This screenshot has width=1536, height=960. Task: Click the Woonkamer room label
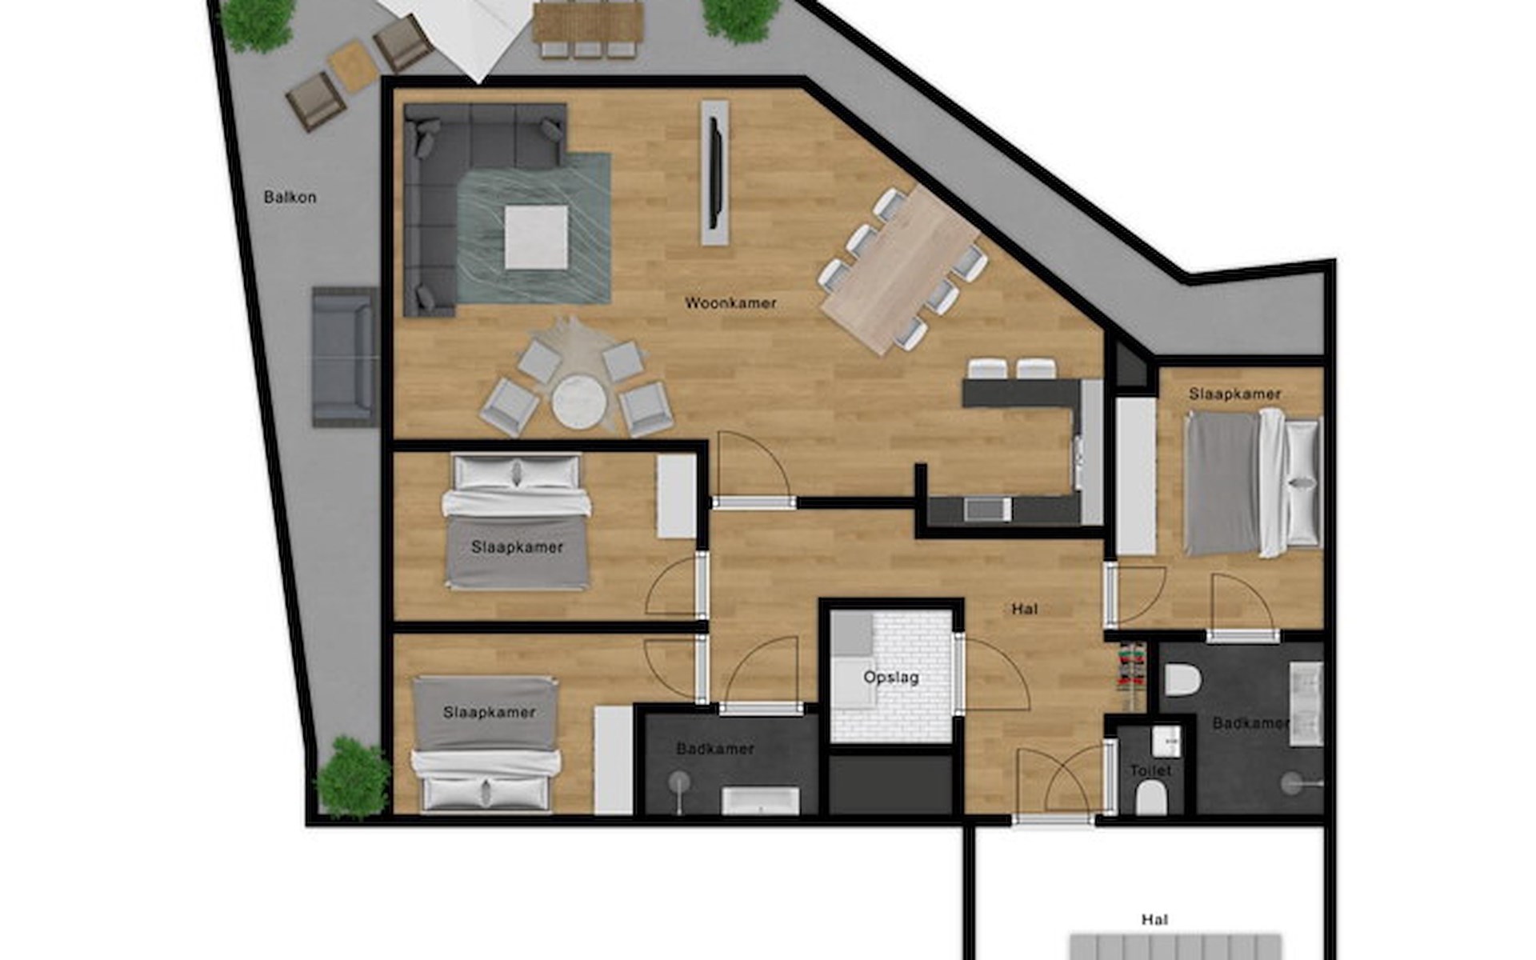(730, 303)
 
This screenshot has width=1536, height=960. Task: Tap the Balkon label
(290, 197)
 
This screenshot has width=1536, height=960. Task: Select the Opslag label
(891, 678)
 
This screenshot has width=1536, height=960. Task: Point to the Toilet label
(1150, 770)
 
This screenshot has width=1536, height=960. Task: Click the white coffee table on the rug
(536, 238)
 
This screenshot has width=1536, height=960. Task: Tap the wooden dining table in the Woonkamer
(901, 270)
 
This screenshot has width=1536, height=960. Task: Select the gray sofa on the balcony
(344, 356)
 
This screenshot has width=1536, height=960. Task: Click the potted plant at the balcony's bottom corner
(353, 776)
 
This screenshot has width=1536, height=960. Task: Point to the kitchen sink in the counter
(987, 509)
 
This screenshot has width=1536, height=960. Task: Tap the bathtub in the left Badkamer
(760, 800)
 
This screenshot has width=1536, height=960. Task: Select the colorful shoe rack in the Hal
(1131, 676)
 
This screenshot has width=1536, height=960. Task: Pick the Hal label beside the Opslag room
(1025, 609)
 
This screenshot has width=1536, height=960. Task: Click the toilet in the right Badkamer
(1182, 679)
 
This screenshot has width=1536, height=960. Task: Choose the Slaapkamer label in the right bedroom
(1234, 394)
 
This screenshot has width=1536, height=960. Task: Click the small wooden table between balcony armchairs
(353, 66)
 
